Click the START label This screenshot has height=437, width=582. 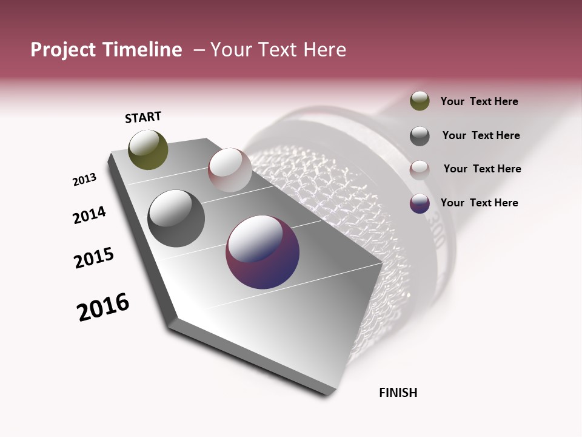pyautogui.click(x=143, y=117)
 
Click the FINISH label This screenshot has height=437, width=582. pyautogui.click(x=398, y=393)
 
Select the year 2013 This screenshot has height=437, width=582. pyautogui.click(x=84, y=180)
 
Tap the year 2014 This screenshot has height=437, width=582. pyautogui.click(x=89, y=215)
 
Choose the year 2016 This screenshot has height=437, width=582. pyautogui.click(x=103, y=307)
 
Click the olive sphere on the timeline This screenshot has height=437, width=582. pyautogui.click(x=149, y=150)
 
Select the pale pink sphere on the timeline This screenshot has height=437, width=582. pyautogui.click(x=230, y=169)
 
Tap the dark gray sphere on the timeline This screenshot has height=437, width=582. pyautogui.click(x=176, y=218)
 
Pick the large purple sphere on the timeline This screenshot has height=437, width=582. pyautogui.click(x=263, y=252)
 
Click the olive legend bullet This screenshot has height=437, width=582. pyautogui.click(x=420, y=101)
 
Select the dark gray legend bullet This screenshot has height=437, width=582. pyautogui.click(x=420, y=136)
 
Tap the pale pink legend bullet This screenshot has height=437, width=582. pyautogui.click(x=420, y=169)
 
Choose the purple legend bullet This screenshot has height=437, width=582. pyautogui.click(x=420, y=203)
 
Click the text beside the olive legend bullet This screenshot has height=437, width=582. pyautogui.click(x=479, y=101)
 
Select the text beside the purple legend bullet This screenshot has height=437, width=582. pyautogui.click(x=479, y=203)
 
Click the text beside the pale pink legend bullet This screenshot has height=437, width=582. pyautogui.click(x=482, y=169)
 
